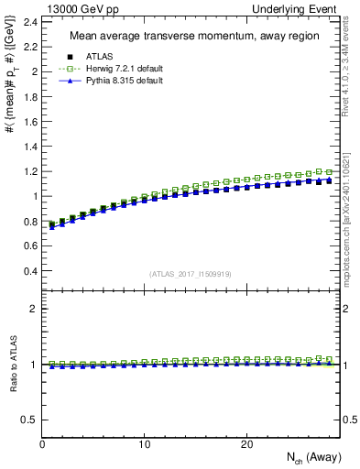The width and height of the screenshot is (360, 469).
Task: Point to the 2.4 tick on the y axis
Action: [x=30, y=21]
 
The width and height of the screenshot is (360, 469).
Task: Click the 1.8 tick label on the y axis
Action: [x=30, y=96]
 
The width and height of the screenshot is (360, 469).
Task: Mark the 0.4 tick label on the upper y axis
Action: [x=30, y=270]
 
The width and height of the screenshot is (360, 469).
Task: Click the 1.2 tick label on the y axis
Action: [x=30, y=170]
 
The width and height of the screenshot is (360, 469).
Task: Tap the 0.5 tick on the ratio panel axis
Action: [x=30, y=420]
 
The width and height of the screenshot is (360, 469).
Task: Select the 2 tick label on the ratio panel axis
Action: [x=34, y=309]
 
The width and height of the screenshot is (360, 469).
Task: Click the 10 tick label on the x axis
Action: [x=144, y=443]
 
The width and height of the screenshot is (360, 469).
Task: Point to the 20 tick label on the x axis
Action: [x=245, y=443]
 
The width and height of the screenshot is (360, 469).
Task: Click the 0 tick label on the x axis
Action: [x=43, y=443]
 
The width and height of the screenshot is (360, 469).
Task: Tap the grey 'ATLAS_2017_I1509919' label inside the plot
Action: [x=191, y=273]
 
